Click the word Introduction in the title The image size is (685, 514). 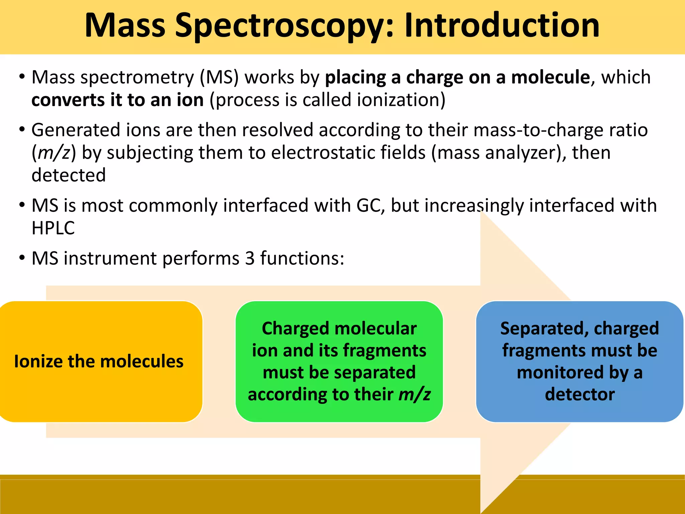click(x=502, y=25)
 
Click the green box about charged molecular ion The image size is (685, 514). click(x=339, y=361)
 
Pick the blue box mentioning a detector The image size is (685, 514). click(x=579, y=361)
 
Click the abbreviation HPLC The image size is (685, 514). click(x=53, y=228)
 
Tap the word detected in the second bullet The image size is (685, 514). click(x=69, y=175)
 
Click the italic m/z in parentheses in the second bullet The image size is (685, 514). click(x=54, y=153)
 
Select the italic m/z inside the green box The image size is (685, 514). click(x=414, y=395)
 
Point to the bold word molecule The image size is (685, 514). click(x=551, y=77)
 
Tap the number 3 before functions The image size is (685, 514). click(x=250, y=258)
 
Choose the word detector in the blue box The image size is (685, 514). click(x=580, y=395)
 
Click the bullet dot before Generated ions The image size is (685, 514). click(x=22, y=130)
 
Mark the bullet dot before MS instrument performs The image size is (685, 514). click(x=22, y=258)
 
